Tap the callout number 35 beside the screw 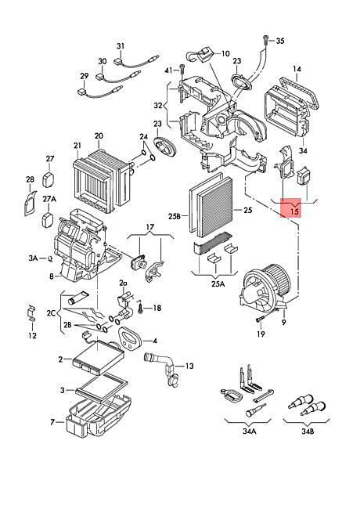280,41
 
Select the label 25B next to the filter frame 175,215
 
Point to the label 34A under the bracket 249,431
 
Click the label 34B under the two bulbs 308,431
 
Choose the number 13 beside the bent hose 189,366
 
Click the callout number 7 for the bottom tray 52,422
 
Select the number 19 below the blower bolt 261,334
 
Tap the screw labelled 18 140,306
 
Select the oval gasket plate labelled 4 130,339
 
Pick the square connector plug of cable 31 117,61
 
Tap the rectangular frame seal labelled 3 100,387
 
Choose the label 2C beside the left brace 51,313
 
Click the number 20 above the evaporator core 99,135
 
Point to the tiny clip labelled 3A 50,258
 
